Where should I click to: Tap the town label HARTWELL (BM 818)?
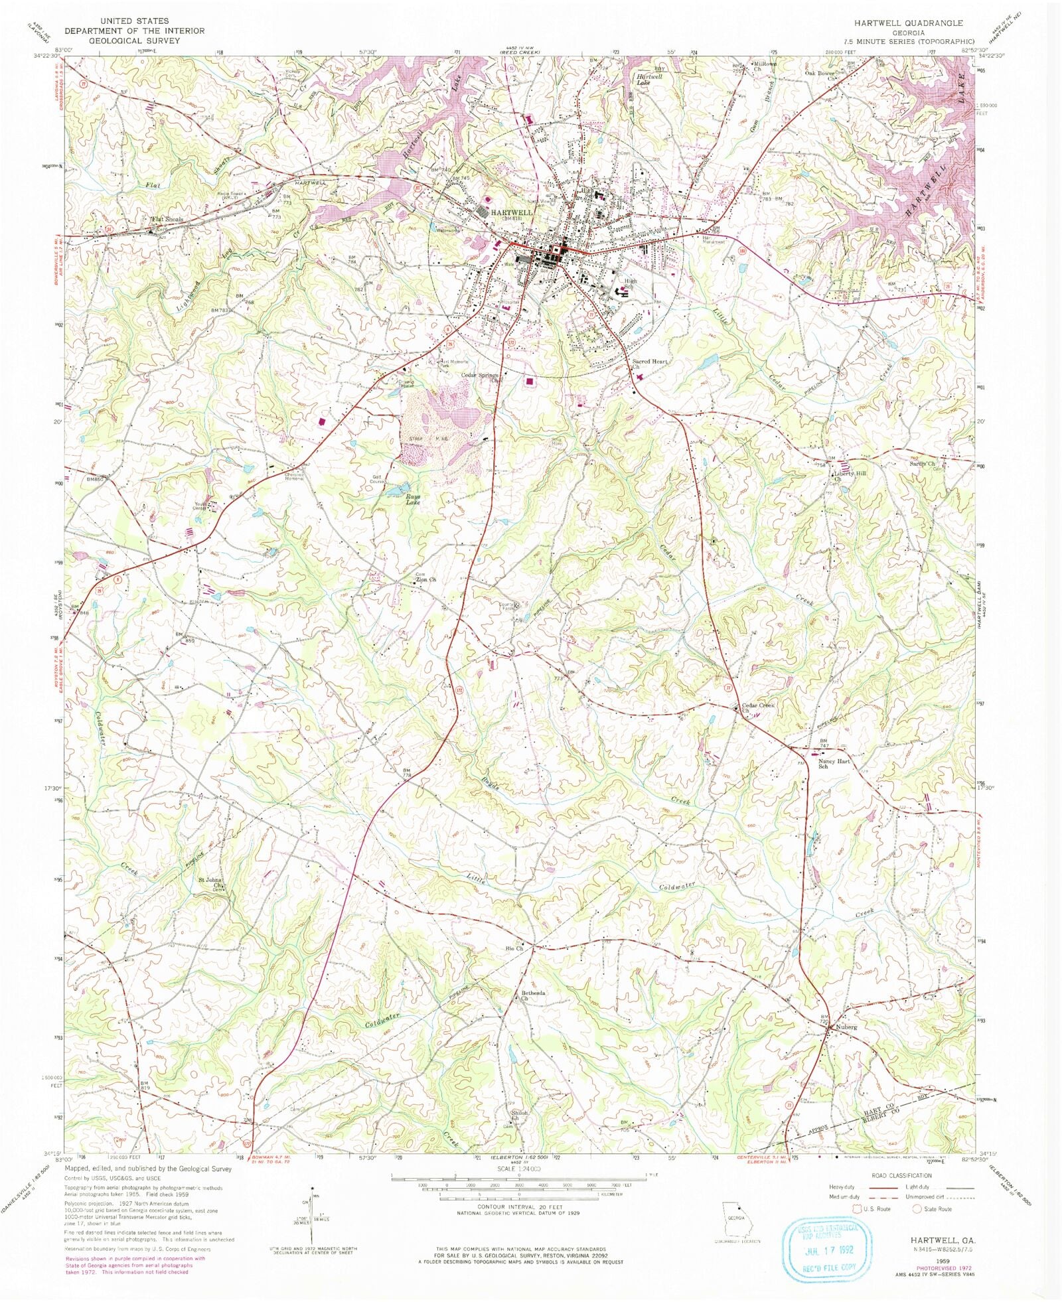[x=510, y=213]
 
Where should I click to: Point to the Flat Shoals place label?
[x=167, y=219]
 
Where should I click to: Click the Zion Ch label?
[x=425, y=579]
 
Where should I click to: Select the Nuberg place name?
[x=846, y=1027]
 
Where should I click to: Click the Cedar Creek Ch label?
[x=758, y=707]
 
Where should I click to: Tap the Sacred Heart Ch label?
[x=649, y=364]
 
